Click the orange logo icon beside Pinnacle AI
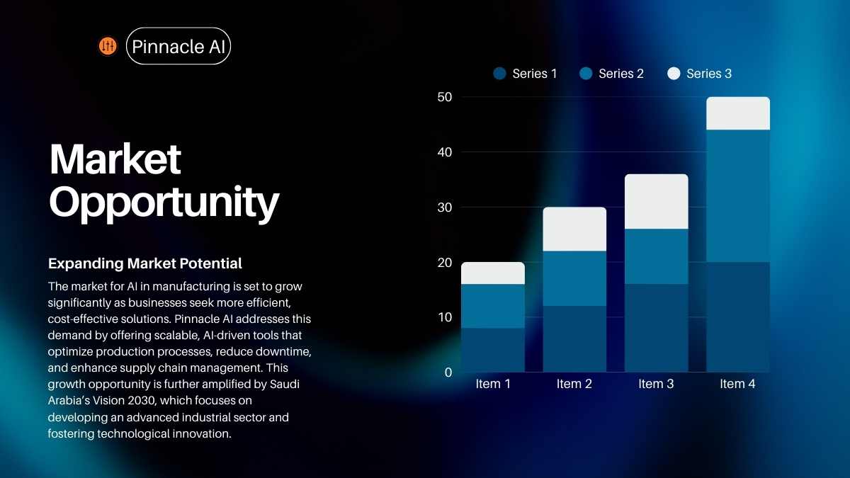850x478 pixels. [x=108, y=46]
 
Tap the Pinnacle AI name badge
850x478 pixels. [x=178, y=46]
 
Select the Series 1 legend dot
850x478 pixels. [x=500, y=73]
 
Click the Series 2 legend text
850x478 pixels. [x=621, y=74]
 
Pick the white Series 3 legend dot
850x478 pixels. [x=674, y=73]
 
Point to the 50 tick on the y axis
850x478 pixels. [x=445, y=97]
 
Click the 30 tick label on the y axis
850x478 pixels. [x=445, y=207]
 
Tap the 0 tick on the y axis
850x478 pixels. [x=448, y=372]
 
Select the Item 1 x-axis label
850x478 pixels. [x=493, y=384]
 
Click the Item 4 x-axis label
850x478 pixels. [x=737, y=384]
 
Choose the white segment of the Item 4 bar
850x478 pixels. [x=738, y=113]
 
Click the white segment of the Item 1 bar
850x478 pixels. [x=493, y=273]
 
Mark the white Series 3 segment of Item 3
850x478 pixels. [x=657, y=201]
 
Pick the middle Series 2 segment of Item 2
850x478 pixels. [x=574, y=278]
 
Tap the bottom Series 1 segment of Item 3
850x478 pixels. [x=657, y=328]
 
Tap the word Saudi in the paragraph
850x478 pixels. [x=285, y=385]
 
